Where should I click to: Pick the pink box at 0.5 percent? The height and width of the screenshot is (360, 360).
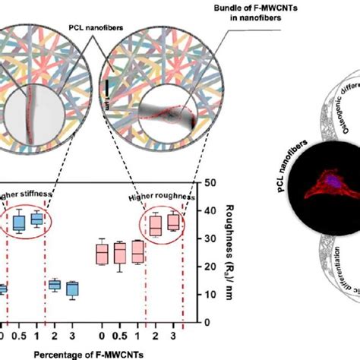(x=118, y=252)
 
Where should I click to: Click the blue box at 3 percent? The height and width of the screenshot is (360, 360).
(x=72, y=289)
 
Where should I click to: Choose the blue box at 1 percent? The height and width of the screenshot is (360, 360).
(x=36, y=219)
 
